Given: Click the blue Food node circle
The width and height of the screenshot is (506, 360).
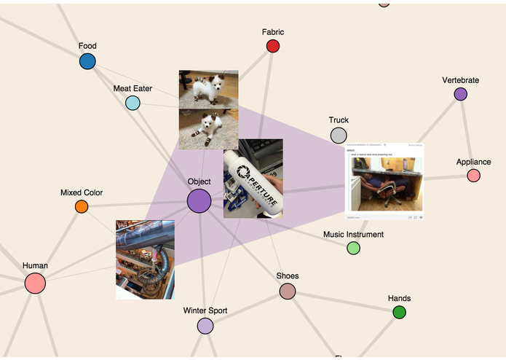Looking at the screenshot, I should [87, 61].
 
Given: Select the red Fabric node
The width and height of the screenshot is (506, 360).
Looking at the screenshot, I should [273, 47].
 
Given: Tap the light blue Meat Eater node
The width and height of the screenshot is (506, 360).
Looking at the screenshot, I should [133, 103].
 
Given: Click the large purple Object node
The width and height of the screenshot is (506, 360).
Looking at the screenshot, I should [199, 201].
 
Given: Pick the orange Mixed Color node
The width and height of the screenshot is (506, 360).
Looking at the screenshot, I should [82, 207].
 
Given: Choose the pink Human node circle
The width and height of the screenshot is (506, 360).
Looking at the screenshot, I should [35, 283].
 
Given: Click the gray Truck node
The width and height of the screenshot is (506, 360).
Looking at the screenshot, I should [339, 135].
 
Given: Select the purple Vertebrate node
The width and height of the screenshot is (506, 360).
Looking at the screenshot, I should [460, 94].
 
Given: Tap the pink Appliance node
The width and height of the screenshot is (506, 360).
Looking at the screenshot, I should [473, 176].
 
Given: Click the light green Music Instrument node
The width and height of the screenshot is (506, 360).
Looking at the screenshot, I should [353, 249].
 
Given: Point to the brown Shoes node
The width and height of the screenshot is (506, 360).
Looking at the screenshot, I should [288, 291].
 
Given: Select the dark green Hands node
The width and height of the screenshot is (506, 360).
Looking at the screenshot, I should [399, 313].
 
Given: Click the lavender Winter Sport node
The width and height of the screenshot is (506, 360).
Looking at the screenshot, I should [205, 326].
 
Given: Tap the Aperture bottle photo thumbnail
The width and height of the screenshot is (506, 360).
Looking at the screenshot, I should [253, 179].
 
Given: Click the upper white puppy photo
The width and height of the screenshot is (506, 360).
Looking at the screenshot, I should [208, 89].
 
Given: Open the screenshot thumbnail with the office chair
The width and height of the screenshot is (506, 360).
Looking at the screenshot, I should [384, 182].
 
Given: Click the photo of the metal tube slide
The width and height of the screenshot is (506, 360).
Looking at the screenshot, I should [145, 259].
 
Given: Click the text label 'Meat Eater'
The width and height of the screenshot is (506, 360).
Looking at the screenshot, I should [133, 89].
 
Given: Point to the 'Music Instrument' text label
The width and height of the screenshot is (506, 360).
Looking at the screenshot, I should [353, 235].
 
